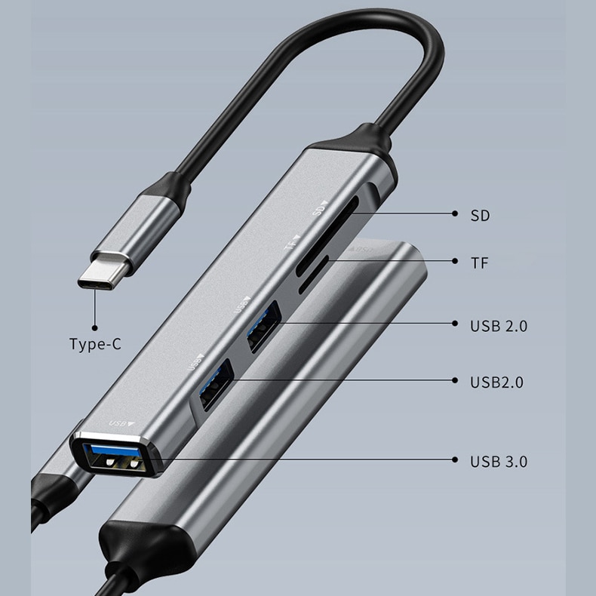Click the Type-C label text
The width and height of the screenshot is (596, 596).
pyautogui.click(x=95, y=344)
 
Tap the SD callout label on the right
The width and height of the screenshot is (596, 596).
pyautogui.click(x=480, y=216)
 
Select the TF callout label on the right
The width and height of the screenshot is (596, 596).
pyautogui.click(x=479, y=263)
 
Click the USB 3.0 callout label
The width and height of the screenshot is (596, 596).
pyautogui.click(x=499, y=462)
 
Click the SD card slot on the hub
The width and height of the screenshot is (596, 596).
pyautogui.click(x=327, y=235)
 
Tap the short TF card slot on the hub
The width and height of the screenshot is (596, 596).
pyautogui.click(x=314, y=275)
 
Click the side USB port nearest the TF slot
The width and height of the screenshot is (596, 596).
pyautogui.click(x=264, y=327)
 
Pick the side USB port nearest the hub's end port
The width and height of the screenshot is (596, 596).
pyautogui.click(x=217, y=385)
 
